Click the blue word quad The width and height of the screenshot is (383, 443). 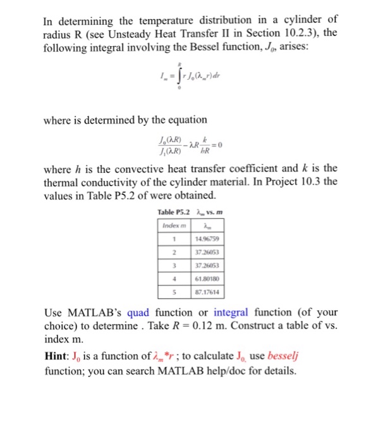[x=142, y=313]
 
